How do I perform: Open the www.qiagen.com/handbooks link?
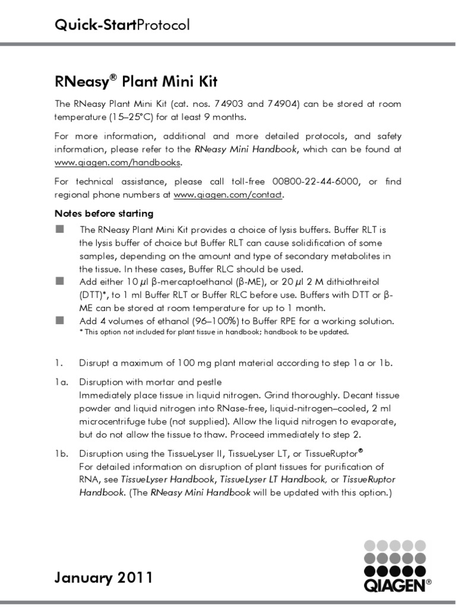click(118, 162)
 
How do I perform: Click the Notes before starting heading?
click(104, 213)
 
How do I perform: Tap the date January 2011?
click(104, 577)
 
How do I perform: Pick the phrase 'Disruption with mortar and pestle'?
click(151, 382)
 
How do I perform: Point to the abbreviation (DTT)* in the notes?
click(95, 294)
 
